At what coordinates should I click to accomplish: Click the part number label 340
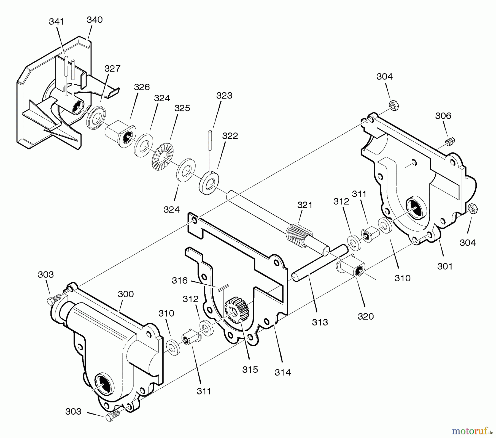coord(95,20)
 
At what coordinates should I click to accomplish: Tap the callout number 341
coord(56,21)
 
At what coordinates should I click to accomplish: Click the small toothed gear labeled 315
coord(237,310)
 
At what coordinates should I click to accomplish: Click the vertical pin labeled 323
coord(211,140)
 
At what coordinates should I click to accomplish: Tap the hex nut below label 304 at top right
coord(394,105)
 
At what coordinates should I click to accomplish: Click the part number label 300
coord(126,294)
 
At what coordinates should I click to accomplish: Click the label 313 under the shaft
coord(320,322)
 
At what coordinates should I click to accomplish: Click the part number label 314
coord(283,372)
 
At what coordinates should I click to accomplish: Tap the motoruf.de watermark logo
coord(471,430)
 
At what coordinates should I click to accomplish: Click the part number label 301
coord(445,266)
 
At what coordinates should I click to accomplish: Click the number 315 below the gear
coord(250,369)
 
